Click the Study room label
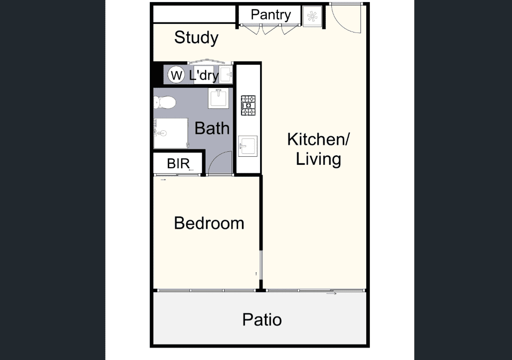click(196, 37)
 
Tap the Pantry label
click(270, 14)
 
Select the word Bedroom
click(209, 223)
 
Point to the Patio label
click(262, 320)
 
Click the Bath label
click(212, 128)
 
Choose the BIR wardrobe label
click(178, 164)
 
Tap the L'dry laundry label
click(204, 75)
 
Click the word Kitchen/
click(318, 139)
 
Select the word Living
click(318, 159)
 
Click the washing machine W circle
click(176, 75)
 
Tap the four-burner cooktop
click(248, 105)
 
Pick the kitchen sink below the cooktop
click(248, 146)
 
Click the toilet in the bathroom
click(164, 102)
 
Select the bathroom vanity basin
click(219, 98)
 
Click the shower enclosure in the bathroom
click(171, 133)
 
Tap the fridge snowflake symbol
click(312, 16)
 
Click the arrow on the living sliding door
click(331, 294)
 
